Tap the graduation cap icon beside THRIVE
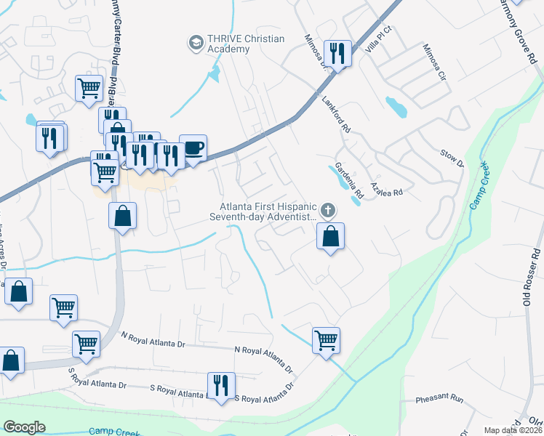pyautogui.click(x=195, y=44)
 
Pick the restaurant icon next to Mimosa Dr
pyautogui.click(x=337, y=53)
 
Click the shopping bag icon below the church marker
pyautogui.click(x=330, y=236)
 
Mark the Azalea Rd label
pyautogui.click(x=386, y=187)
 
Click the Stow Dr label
pyautogui.click(x=452, y=158)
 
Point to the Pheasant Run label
pyautogui.click(x=439, y=400)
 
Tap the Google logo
pyautogui.click(x=25, y=427)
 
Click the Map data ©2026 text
pyautogui.click(x=512, y=430)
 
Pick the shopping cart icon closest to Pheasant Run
pyautogui.click(x=326, y=339)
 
